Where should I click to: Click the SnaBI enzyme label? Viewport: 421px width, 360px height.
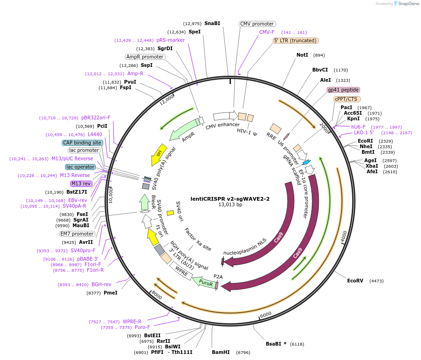click(x=212, y=23)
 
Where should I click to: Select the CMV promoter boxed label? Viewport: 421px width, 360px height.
click(x=257, y=24)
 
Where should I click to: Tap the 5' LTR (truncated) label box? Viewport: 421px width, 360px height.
click(x=295, y=40)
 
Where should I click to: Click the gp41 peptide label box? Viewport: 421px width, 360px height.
click(x=343, y=90)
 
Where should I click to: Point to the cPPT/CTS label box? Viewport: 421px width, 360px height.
click(x=346, y=99)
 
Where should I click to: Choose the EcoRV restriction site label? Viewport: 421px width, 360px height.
click(x=355, y=281)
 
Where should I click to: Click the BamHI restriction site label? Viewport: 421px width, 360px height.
click(x=221, y=352)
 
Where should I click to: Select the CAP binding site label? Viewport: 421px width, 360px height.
click(x=82, y=143)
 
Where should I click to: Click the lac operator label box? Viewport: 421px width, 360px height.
click(x=80, y=167)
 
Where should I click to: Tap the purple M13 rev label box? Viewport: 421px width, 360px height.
click(x=81, y=183)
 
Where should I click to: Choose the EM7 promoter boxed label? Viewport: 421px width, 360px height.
click(x=77, y=234)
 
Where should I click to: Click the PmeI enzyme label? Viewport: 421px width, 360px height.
click(x=110, y=293)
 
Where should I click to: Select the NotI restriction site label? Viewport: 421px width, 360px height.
click(x=302, y=55)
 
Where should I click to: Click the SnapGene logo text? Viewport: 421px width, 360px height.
click(x=407, y=4)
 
